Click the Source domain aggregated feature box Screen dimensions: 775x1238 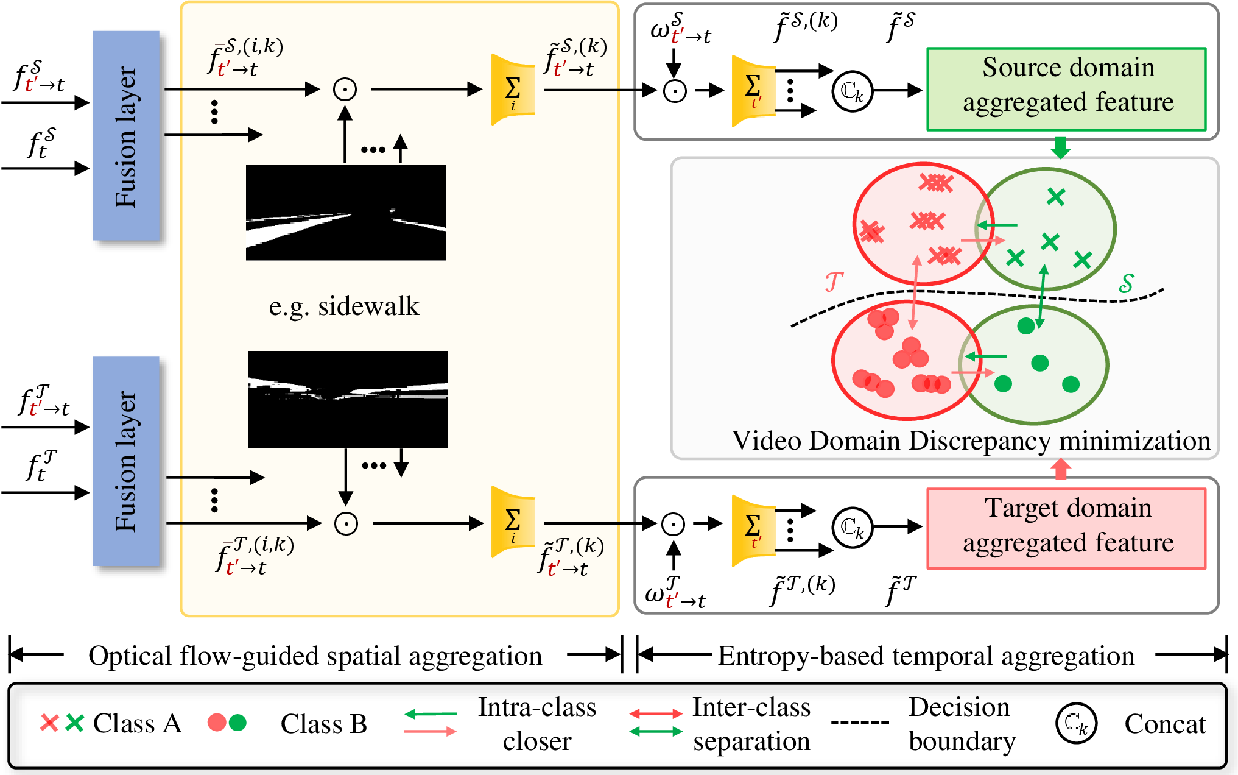[x=1066, y=89]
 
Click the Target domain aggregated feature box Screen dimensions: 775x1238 [x=1066, y=528]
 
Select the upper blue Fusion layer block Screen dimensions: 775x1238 [x=126, y=136]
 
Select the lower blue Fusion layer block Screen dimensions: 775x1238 [x=126, y=461]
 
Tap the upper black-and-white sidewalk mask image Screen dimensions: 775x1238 [x=345, y=213]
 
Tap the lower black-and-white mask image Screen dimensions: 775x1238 [x=347, y=399]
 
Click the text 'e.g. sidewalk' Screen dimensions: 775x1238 [x=344, y=306]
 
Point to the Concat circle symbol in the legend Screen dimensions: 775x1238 [x=1076, y=723]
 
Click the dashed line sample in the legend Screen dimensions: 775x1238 [x=860, y=723]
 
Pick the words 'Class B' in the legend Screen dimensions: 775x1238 [x=323, y=724]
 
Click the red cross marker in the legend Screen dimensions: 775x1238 [x=49, y=723]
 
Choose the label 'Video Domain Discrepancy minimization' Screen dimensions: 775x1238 [x=971, y=441]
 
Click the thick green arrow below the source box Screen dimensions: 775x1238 [x=1061, y=147]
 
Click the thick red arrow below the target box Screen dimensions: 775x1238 [x=1061, y=469]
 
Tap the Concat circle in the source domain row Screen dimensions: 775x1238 [x=852, y=91]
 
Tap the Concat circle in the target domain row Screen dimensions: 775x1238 [x=852, y=527]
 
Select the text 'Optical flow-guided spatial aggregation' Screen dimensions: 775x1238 [x=315, y=656]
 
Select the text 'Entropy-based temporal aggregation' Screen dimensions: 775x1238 [x=926, y=656]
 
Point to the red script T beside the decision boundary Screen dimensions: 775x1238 [x=834, y=282]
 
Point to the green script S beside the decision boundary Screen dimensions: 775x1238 [x=1127, y=283]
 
